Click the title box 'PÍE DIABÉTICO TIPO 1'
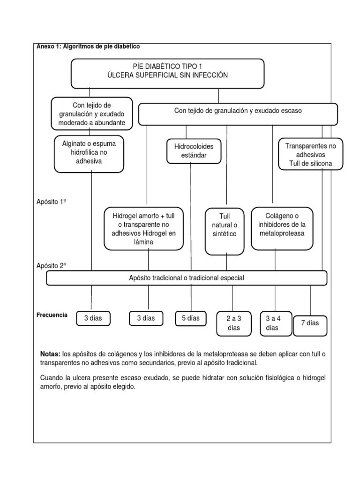167,73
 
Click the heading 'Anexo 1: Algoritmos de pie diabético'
88,46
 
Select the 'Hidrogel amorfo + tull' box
144,229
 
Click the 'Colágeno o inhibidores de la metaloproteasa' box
282,228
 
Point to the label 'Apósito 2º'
51,266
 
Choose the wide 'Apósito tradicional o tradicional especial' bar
187,278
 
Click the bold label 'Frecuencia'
52,315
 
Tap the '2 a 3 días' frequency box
233,323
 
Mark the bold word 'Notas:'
51,354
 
